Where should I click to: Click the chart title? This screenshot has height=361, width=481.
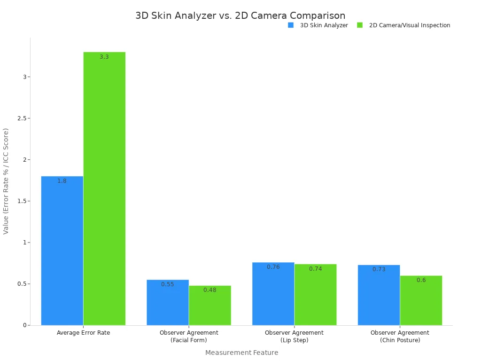point(240,16)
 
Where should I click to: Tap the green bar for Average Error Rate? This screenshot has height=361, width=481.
point(104,188)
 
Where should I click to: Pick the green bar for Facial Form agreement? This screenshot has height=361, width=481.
point(210,305)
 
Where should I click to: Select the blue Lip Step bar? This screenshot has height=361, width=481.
point(273,294)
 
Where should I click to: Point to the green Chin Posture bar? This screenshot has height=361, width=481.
point(421,300)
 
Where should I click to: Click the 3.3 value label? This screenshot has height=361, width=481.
point(104,57)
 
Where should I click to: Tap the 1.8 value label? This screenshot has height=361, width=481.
point(62,181)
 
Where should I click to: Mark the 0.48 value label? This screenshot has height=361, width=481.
point(210,290)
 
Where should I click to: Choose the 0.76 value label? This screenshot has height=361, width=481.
point(273,267)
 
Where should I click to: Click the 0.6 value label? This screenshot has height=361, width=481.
point(421,280)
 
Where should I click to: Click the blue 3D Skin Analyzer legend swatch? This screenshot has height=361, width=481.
point(291,25)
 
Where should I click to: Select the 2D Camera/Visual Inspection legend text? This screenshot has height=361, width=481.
point(410,25)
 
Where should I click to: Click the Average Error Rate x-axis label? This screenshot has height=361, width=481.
point(83,333)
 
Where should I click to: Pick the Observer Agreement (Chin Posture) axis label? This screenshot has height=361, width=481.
point(400,337)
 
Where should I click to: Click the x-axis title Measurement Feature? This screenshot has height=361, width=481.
point(241,353)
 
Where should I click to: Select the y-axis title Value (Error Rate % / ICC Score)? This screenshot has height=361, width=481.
point(6,181)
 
